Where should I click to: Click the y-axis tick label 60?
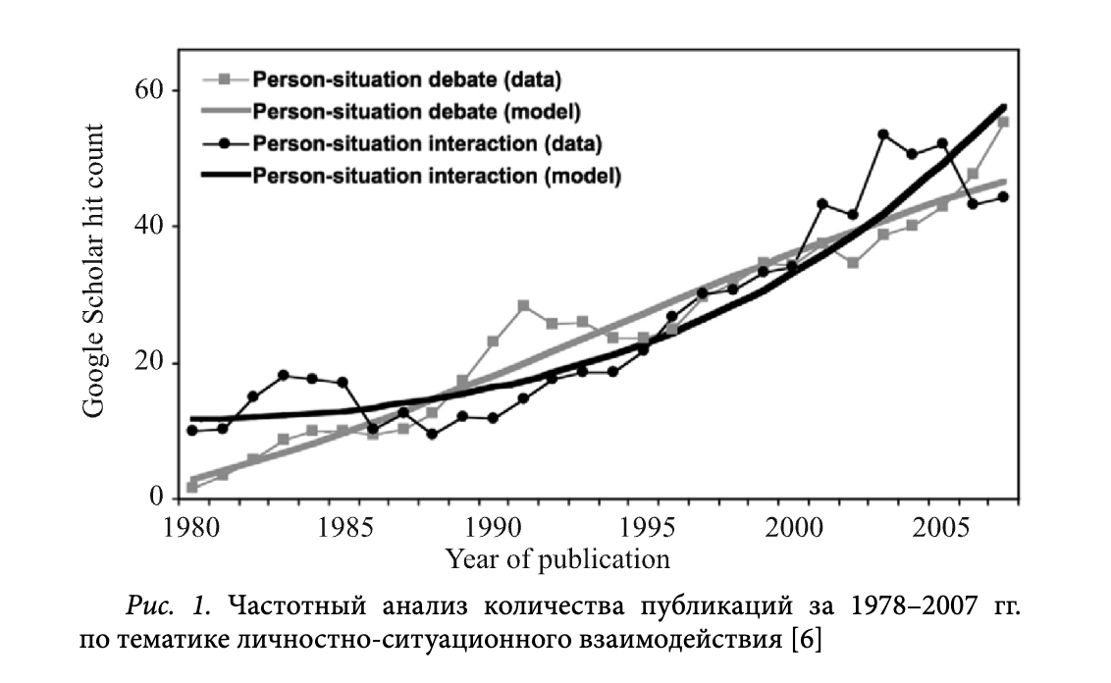point(147,91)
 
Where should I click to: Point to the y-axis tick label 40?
point(147,227)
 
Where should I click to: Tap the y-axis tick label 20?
point(147,363)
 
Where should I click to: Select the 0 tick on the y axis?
point(155,499)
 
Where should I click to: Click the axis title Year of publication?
point(557,560)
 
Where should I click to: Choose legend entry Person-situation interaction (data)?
point(427,143)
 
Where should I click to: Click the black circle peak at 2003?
point(882,134)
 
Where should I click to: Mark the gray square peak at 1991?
point(523,305)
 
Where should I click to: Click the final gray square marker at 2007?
point(1003,122)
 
